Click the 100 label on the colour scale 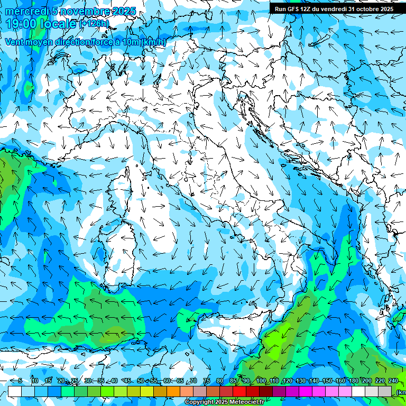pos(261,381)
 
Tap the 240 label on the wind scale pos(393,381)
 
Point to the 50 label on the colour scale pos(141,381)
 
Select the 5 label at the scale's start pos(20,381)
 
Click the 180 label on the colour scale pos(353,381)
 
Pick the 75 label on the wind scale pos(207,381)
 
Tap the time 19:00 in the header pos(22,24)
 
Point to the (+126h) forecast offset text pos(94,24)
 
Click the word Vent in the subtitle pos(14,42)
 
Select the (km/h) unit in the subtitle pos(154,42)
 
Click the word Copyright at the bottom pos(199,402)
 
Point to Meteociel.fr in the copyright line pos(251,402)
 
